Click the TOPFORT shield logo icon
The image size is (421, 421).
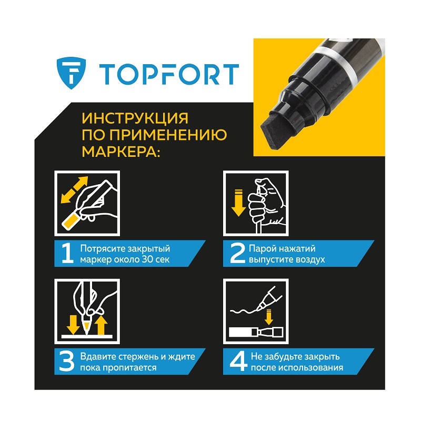pyautogui.click(x=72, y=73)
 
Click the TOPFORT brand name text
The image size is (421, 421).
pyautogui.click(x=169, y=74)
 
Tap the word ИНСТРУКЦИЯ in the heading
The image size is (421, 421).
pyautogui.click(x=135, y=118)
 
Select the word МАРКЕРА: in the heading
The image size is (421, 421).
pyautogui.click(x=121, y=151)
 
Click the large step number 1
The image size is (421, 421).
pyautogui.click(x=67, y=253)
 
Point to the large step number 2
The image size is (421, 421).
pyautogui.click(x=237, y=253)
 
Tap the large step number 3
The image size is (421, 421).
pyautogui.click(x=67, y=362)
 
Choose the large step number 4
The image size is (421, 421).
pyautogui.click(x=238, y=362)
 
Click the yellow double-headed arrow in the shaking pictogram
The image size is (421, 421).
pyautogui.click(x=74, y=189)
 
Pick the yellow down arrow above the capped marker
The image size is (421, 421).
pyautogui.click(x=269, y=317)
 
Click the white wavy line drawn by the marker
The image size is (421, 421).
pyautogui.click(x=245, y=312)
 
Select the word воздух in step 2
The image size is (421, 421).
pyautogui.click(x=310, y=260)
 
